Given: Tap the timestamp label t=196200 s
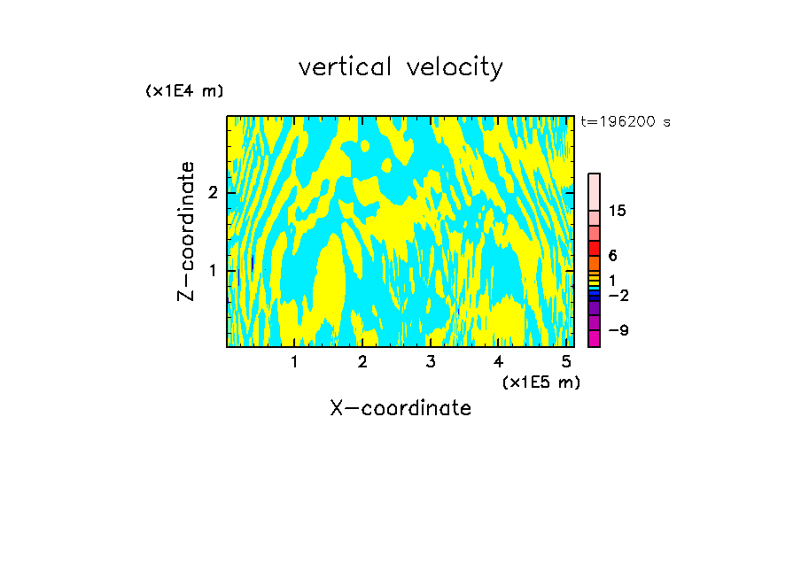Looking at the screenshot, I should point(626,122).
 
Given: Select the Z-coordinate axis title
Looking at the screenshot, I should point(186,231).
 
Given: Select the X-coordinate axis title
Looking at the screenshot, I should point(400,408).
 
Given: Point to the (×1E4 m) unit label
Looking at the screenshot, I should point(184,91).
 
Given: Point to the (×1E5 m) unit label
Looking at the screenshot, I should point(540,382).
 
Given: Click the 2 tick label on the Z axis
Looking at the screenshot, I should point(213,193).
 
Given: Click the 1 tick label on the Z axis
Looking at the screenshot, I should point(213,270).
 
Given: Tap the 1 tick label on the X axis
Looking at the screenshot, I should point(294,362).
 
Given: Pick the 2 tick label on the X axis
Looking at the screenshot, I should point(362,362).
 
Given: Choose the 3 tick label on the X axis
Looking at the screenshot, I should point(430,362).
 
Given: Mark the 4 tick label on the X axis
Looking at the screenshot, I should point(498,362).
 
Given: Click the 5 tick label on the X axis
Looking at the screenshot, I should point(565,362).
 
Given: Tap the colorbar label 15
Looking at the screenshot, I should point(618,211).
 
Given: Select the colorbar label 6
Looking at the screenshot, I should point(612,256).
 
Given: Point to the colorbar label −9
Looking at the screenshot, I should point(618,330).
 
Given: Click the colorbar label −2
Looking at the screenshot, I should point(618,295).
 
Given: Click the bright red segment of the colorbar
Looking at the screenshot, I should point(594,248).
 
